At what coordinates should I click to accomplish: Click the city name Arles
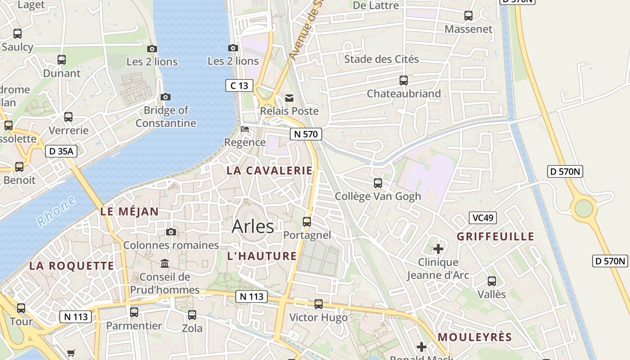(x=252, y=226)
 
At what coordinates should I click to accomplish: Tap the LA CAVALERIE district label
(x=269, y=171)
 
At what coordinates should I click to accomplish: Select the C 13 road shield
(x=239, y=85)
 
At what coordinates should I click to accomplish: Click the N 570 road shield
(x=306, y=134)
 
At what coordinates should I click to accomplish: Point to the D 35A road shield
(x=61, y=151)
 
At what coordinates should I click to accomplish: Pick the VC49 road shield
(x=483, y=218)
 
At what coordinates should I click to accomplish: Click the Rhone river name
(x=56, y=212)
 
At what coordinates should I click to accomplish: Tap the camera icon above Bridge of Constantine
(x=166, y=97)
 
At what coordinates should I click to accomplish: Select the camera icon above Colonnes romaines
(x=171, y=232)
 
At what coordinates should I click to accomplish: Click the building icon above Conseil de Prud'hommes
(x=165, y=263)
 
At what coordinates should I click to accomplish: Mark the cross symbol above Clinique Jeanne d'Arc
(x=438, y=249)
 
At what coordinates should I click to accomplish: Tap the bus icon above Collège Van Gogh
(x=378, y=183)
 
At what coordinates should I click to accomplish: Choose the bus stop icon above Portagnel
(x=307, y=221)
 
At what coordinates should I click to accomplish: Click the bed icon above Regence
(x=245, y=129)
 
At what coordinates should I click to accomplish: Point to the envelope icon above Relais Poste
(x=289, y=98)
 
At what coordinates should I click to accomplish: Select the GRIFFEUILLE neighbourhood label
(x=495, y=237)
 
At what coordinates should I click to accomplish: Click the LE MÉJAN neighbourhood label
(x=129, y=211)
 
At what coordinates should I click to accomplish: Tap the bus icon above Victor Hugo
(x=319, y=304)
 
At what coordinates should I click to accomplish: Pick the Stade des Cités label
(x=381, y=59)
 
